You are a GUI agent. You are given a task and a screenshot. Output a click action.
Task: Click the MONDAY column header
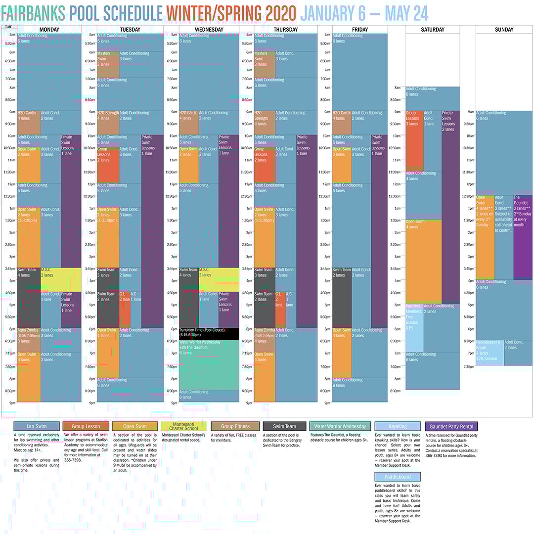point(49,30)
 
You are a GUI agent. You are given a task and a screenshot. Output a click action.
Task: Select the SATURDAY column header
point(433,30)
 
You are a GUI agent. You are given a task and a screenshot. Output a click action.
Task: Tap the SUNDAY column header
point(504,30)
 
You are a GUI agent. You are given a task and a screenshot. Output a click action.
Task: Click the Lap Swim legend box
point(37,426)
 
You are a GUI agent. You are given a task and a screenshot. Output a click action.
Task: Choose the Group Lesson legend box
point(86,426)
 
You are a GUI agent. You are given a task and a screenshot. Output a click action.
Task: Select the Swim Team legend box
point(284,426)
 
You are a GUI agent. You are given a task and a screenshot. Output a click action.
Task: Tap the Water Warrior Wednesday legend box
point(340,426)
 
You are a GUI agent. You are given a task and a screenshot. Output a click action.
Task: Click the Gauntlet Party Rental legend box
point(451,426)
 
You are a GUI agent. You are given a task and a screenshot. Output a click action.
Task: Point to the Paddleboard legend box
point(398,477)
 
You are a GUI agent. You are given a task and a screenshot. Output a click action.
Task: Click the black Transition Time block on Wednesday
point(209,334)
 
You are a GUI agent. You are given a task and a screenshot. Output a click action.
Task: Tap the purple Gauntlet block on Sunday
point(523,237)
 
